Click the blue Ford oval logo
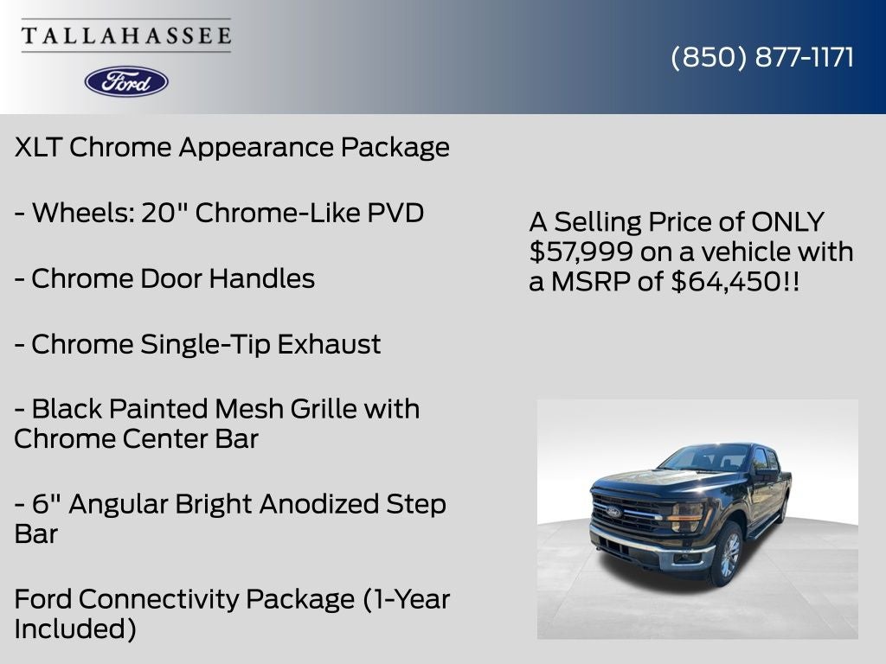point(126,81)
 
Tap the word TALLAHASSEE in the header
point(126,35)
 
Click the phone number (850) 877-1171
point(762,57)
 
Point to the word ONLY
point(787,221)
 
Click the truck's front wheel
point(729,554)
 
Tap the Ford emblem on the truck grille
point(613,512)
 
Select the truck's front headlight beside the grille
point(686,517)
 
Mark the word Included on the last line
point(75,629)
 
